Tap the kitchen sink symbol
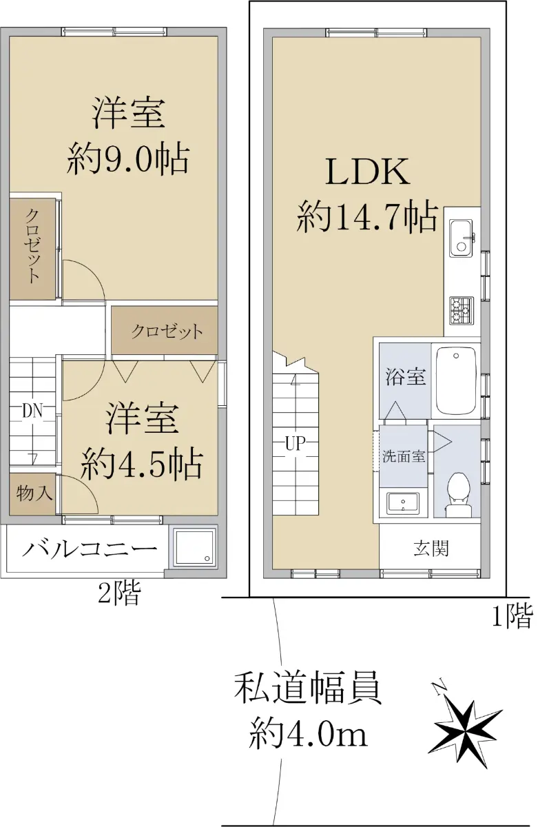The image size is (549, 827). (x=460, y=238)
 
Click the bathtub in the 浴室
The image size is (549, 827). (x=456, y=380)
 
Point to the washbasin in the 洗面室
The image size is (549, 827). (x=403, y=504)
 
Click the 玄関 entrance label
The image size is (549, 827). (x=431, y=549)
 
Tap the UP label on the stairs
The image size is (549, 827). (x=294, y=443)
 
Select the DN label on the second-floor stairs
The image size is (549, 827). (x=32, y=411)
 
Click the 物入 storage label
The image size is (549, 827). (x=34, y=493)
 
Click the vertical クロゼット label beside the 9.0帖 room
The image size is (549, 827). (x=32, y=246)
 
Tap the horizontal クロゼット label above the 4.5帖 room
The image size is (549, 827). (x=167, y=331)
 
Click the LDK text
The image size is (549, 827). (x=368, y=172)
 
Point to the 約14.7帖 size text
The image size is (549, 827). (x=367, y=216)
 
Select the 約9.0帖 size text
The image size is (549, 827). (x=128, y=159)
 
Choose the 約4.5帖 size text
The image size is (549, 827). (x=142, y=463)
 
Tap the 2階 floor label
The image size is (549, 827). (x=119, y=593)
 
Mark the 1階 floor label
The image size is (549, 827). (x=513, y=616)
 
